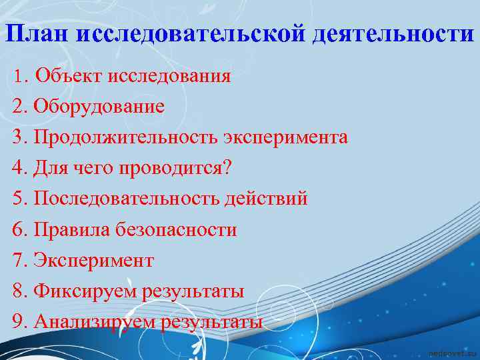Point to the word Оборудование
99,107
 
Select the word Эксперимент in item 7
93,260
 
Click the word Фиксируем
81,291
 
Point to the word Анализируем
93,322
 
